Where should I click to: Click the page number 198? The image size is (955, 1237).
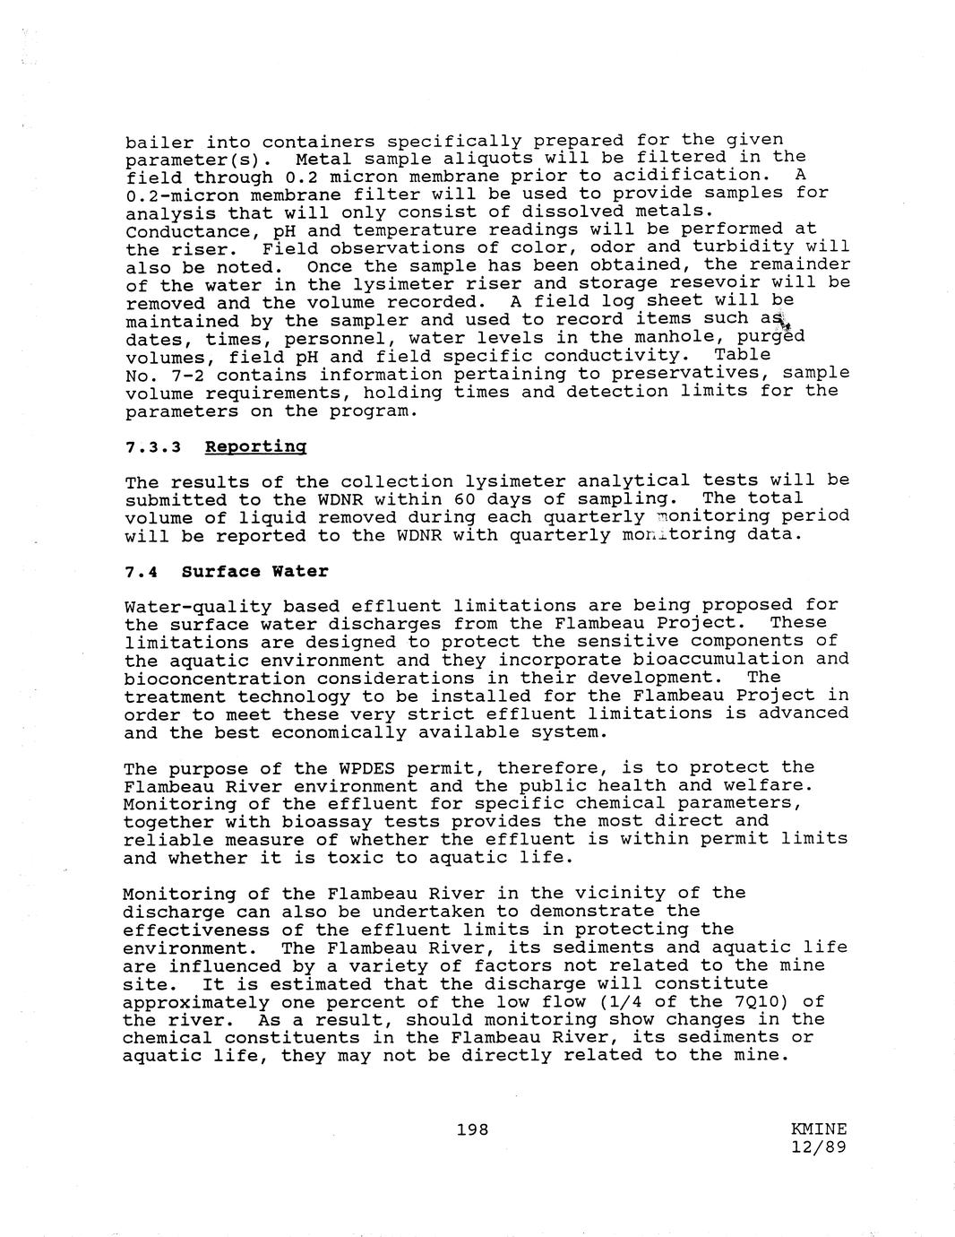pos(472,1129)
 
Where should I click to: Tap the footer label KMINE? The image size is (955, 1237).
pos(819,1129)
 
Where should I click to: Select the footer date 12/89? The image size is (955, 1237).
pos(819,1147)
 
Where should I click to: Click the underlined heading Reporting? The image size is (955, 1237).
pos(255,446)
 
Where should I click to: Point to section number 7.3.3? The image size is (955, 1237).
pos(153,446)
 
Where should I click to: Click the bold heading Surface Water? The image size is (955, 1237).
pos(254,572)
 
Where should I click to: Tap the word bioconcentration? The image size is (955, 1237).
pos(215,678)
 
